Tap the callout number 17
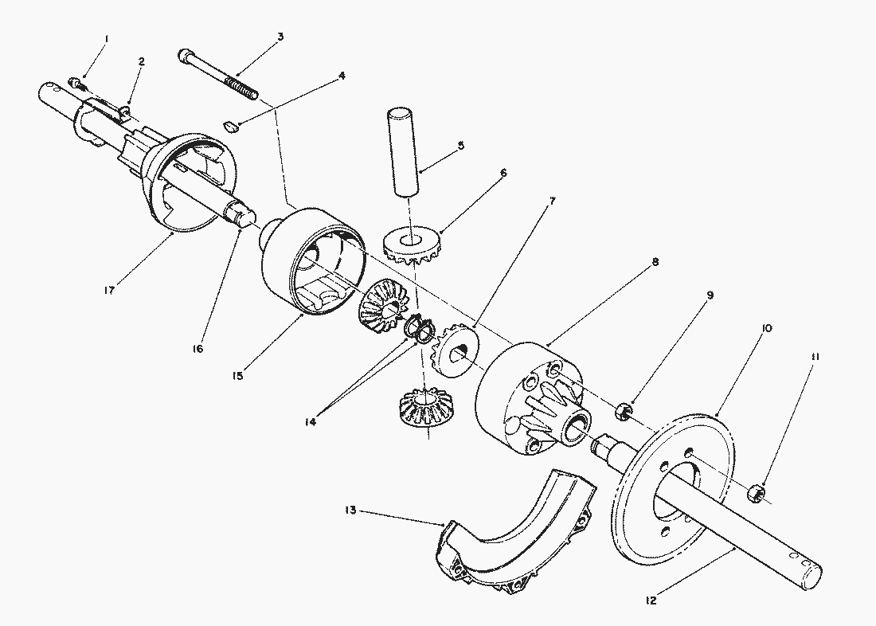(109, 290)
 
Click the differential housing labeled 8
(526, 398)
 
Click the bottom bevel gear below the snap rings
(425, 409)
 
